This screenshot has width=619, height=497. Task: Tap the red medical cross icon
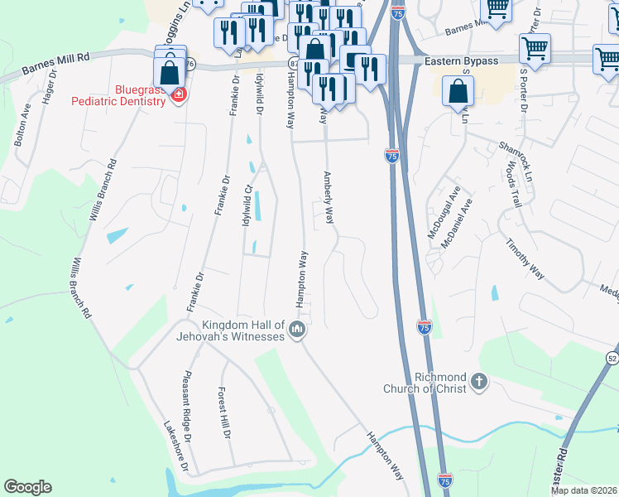177,96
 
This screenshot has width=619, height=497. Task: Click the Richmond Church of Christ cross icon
478,382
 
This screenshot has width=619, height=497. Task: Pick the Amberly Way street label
329,198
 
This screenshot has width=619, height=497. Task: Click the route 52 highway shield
612,357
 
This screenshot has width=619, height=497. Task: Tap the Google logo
27,487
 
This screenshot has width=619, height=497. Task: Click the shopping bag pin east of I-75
458,93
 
